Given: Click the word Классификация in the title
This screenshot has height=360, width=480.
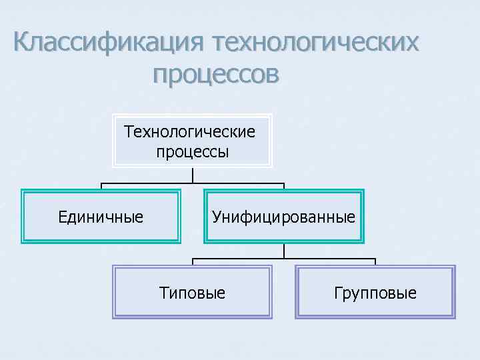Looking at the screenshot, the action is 107,44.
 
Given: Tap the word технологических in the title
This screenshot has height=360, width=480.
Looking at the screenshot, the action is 316,44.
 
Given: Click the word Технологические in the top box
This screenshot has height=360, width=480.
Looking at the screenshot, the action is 190,131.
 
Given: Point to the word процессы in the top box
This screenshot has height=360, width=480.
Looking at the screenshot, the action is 192,151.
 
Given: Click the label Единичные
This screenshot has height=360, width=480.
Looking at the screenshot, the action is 101,217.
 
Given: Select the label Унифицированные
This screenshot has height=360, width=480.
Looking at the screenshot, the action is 283,217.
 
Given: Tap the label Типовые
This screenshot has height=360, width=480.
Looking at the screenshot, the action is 193,293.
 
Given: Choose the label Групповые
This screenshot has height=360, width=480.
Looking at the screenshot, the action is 375,293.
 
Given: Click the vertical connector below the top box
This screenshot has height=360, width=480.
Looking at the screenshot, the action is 193,175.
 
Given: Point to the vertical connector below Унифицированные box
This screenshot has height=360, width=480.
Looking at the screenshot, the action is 284,251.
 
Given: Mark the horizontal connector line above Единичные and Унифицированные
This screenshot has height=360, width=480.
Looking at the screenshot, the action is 193,183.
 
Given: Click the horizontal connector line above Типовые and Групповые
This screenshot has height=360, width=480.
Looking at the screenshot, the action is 284,258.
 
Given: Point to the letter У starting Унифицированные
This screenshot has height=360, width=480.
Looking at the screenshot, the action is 216,217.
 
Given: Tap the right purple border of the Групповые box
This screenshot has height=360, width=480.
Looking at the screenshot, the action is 454,292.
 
